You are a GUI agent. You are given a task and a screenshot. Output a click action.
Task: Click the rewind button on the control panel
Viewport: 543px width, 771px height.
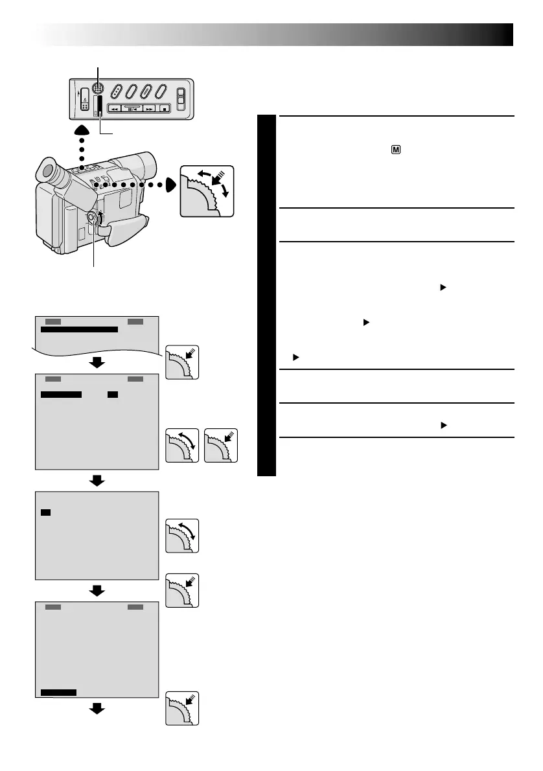pos(114,109)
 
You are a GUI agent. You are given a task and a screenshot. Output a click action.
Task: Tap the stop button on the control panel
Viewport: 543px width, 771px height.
pos(165,109)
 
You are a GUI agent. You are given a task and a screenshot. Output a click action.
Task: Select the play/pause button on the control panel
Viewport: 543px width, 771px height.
pos(132,109)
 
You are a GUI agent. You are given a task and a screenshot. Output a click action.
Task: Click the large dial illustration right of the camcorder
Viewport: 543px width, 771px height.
pos(206,190)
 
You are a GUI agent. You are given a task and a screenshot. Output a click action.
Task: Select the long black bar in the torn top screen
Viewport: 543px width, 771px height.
pos(79,330)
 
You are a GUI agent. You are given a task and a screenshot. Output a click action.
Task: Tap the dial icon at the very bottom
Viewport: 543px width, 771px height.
pos(182,709)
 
